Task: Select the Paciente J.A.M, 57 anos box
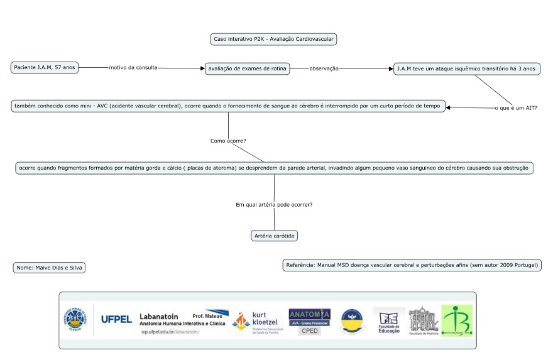coord(45,67)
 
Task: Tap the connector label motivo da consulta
coord(133,68)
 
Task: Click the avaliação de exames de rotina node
coord(248,68)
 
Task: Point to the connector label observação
coord(324,68)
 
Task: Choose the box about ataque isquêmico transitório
coord(467,68)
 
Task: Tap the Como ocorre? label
coord(227,141)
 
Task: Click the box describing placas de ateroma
coord(274,168)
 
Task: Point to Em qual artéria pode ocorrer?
coord(274,205)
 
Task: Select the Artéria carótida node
coord(274,236)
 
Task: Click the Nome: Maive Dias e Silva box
coord(49,268)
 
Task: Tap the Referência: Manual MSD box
coord(412,265)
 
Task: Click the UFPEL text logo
coord(116,319)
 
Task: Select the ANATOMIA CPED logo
coord(309,321)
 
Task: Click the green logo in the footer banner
coord(457,320)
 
